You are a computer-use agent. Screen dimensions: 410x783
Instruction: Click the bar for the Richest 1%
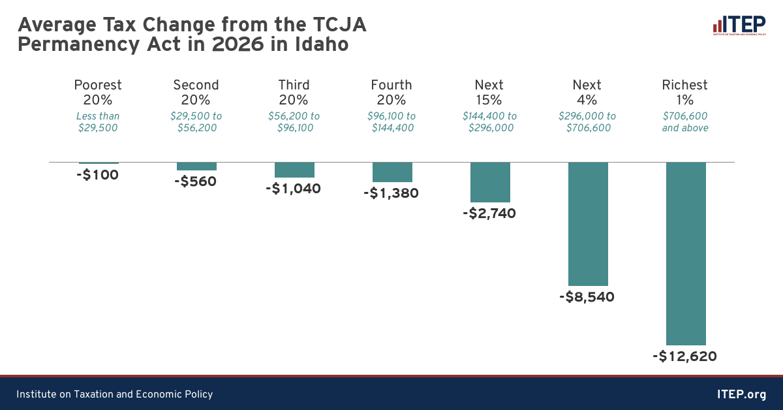pos(685,253)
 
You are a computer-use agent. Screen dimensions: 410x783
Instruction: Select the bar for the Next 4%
pos(587,223)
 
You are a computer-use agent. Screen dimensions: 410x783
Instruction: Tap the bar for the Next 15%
pos(489,182)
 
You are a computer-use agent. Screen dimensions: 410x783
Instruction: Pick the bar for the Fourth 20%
pos(391,172)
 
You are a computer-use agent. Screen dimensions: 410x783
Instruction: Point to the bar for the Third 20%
pos(294,170)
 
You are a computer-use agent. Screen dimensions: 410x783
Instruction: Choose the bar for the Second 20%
pos(196,166)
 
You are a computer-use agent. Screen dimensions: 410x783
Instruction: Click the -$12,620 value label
pos(684,356)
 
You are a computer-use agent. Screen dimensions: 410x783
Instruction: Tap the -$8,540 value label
pos(587,297)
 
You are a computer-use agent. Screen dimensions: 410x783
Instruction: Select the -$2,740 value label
pos(489,213)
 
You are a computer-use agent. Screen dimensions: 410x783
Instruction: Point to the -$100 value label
pos(97,175)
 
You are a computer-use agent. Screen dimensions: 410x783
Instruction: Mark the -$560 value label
pos(195,181)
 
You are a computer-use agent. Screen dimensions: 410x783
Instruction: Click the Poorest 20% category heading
pos(98,92)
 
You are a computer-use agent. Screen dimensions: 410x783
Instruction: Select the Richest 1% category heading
pos(685,92)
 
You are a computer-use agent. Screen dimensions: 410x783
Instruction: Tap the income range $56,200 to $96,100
pos(294,122)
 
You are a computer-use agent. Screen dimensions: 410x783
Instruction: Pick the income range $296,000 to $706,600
pos(587,122)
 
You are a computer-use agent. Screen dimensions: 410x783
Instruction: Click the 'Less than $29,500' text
pos(98,122)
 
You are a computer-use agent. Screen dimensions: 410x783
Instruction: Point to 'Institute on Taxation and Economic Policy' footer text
pos(114,394)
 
